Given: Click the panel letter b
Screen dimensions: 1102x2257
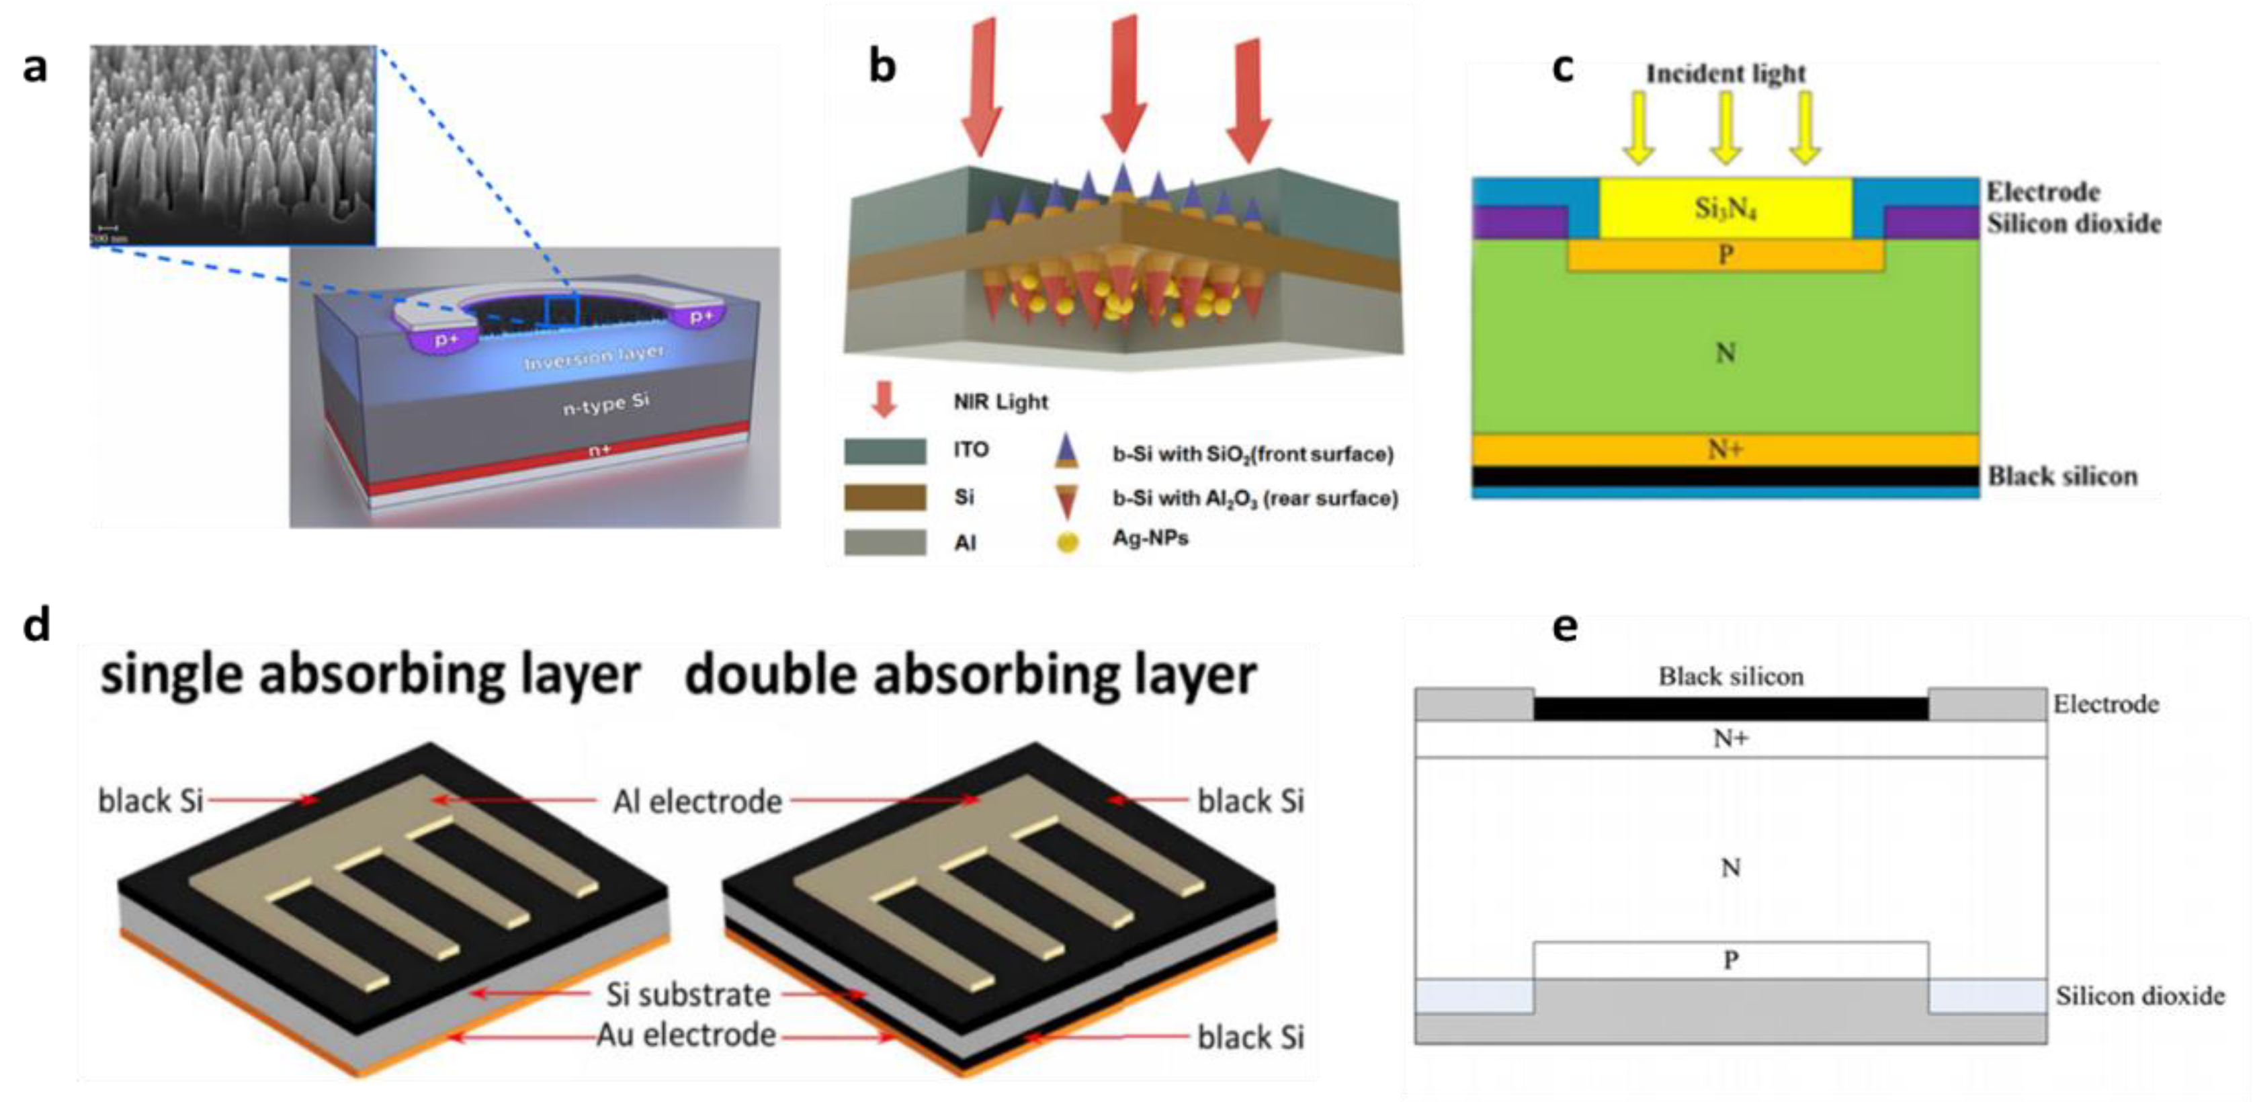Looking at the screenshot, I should [x=882, y=67].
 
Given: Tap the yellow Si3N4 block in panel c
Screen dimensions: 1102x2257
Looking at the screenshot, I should [x=1725, y=208].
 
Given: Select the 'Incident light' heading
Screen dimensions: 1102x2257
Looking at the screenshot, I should [x=1725, y=74].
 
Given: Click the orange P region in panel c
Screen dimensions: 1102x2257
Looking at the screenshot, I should [x=1725, y=255].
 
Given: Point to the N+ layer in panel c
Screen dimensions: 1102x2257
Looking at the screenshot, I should [x=1725, y=450].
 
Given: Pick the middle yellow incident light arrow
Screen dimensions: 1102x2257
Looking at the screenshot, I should [x=1725, y=128].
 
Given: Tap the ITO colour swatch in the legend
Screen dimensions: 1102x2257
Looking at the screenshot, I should [x=885, y=451].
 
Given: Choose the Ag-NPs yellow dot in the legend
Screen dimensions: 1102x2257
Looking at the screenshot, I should [x=1067, y=542].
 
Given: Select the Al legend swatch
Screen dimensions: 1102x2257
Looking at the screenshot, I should [x=885, y=542].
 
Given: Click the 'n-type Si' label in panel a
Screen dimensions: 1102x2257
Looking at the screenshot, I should [x=605, y=404].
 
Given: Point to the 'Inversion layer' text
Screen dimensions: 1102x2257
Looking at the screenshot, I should [x=593, y=357].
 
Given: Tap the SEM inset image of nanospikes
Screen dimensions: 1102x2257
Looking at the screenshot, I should [x=233, y=144].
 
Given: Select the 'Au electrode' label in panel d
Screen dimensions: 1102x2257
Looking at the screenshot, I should [x=686, y=1035].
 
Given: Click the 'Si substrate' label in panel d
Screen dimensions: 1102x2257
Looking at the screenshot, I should [x=688, y=994].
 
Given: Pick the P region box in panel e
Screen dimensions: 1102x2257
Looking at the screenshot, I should [x=1730, y=960].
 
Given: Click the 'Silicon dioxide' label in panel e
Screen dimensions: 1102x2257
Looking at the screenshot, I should [x=2139, y=996].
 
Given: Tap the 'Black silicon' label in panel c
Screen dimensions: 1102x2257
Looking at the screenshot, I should [x=2061, y=476].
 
